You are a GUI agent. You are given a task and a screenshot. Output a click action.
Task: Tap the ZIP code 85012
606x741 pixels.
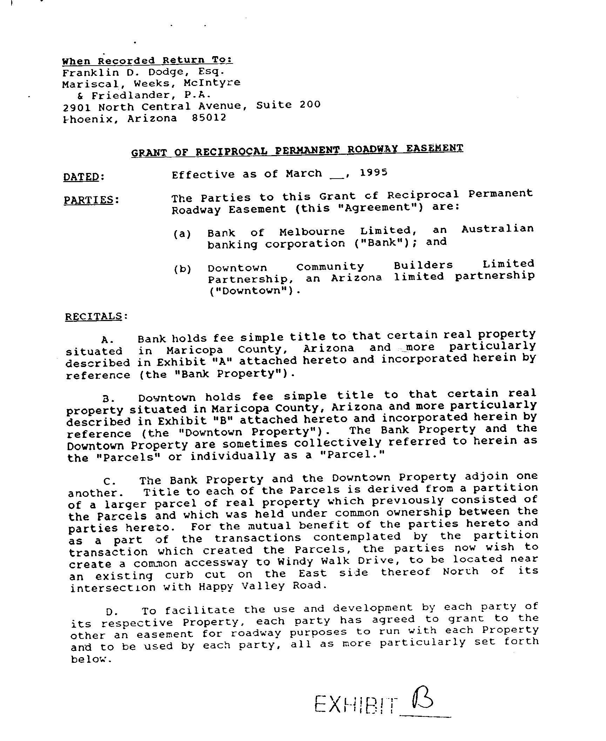pos(209,118)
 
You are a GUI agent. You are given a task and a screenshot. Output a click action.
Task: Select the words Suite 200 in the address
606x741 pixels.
pos(288,105)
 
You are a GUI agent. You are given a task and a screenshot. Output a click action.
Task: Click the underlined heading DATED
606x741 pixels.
pos(81,176)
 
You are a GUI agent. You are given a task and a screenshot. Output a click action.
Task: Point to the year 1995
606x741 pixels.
pos(373,173)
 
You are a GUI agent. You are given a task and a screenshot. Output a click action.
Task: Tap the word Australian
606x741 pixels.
pos(497,229)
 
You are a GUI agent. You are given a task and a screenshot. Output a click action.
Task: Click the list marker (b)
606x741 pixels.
pos(182,269)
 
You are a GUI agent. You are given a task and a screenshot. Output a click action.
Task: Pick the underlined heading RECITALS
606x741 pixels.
pos(94,316)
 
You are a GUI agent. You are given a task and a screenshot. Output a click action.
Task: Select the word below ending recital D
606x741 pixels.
pos(90,660)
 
